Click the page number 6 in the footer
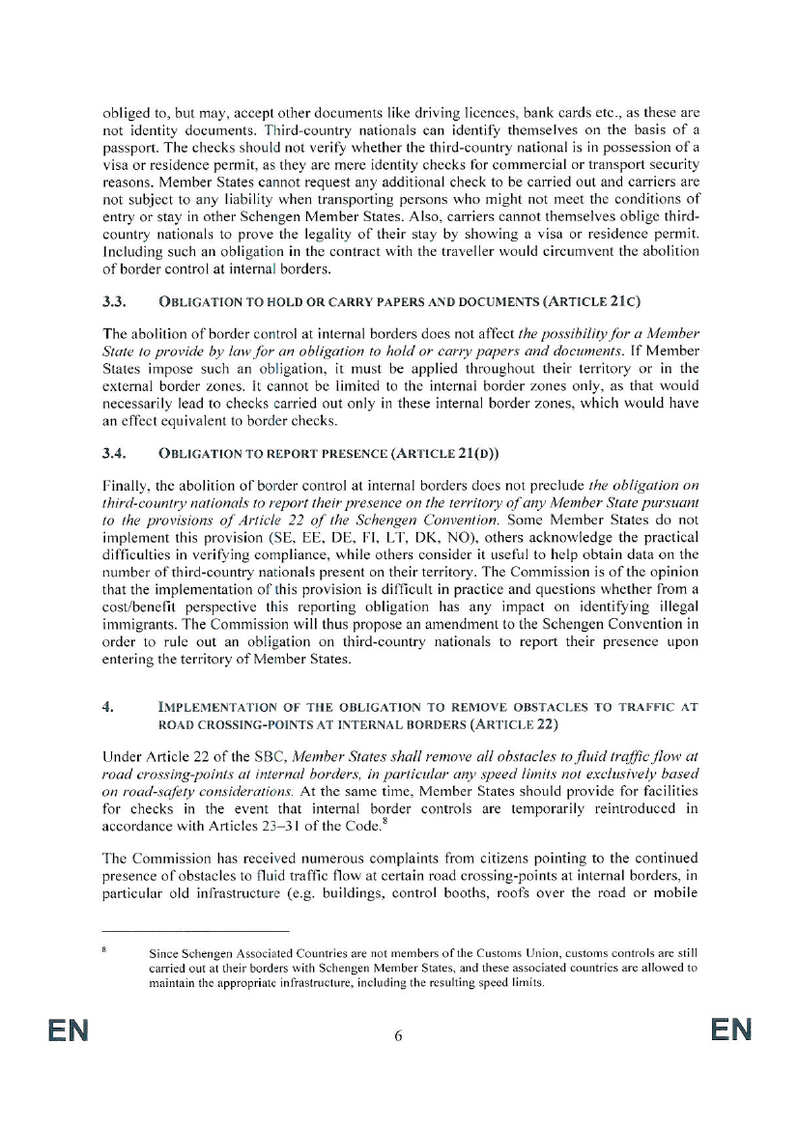tap(398, 1036)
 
